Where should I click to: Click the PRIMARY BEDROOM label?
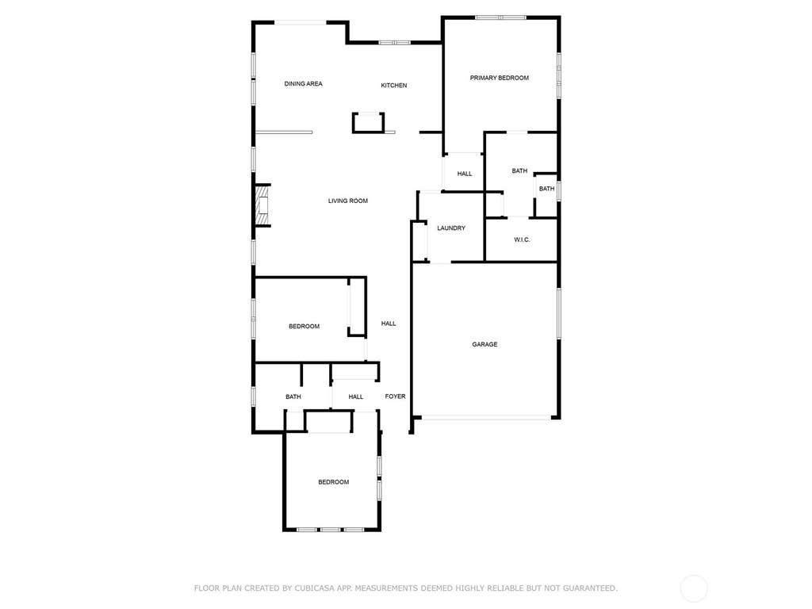click(x=500, y=79)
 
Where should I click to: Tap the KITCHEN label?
click(x=394, y=86)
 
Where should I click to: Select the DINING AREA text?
click(x=304, y=84)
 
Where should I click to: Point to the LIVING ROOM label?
click(x=348, y=201)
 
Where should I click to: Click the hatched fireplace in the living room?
click(x=262, y=205)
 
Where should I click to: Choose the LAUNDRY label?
click(x=451, y=228)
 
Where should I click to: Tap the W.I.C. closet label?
click(x=522, y=239)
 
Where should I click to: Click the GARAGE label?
click(x=485, y=344)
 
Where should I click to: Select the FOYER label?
click(x=395, y=396)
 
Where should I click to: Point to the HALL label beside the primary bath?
click(x=465, y=174)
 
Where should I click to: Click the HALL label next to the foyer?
click(x=356, y=397)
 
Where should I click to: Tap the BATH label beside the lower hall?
click(x=293, y=397)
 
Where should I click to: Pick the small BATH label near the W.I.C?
click(x=547, y=189)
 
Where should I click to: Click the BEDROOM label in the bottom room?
click(x=334, y=482)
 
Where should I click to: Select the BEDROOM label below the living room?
click(x=304, y=326)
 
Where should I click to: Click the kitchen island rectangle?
click(x=368, y=123)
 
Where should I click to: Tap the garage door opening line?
click(x=486, y=417)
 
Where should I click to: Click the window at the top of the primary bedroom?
click(x=501, y=17)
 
